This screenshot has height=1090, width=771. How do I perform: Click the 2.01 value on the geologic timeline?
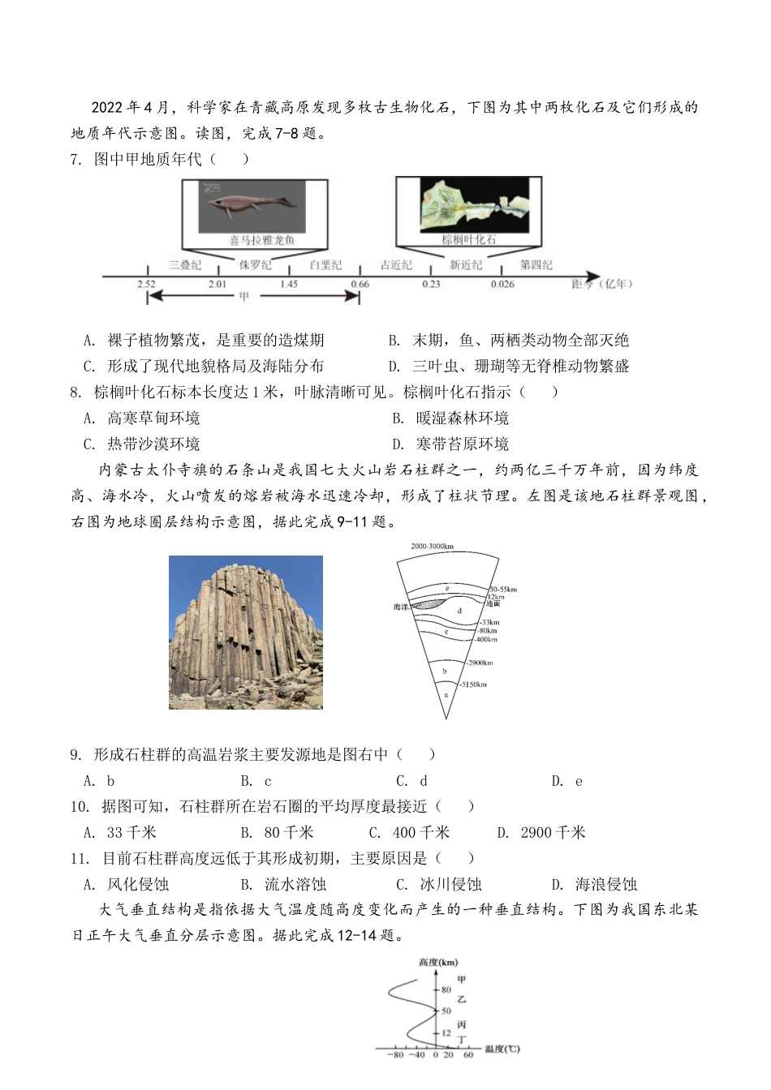217,284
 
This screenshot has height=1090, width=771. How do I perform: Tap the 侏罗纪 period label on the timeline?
255,264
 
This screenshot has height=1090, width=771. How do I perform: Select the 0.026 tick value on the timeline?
502,284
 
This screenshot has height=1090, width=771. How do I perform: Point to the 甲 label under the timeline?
244,297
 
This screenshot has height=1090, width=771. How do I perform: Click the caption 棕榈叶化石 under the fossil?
468,240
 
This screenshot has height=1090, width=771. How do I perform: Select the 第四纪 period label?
536,264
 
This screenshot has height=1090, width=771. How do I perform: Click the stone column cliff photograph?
245,632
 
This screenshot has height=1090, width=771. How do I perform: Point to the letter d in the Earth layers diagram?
459,611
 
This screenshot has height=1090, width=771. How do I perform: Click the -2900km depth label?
479,663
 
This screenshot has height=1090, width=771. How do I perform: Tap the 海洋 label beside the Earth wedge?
401,607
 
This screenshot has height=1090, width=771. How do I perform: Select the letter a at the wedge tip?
446,694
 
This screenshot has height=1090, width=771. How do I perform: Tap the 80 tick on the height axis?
446,989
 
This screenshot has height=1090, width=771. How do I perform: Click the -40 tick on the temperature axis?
416,1055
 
